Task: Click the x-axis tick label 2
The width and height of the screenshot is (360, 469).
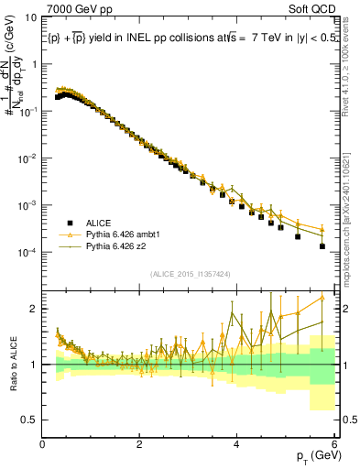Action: (x=139, y=445)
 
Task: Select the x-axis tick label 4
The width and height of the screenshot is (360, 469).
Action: (x=236, y=445)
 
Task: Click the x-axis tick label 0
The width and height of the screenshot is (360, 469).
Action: (x=42, y=445)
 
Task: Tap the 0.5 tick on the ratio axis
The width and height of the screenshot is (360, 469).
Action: (x=29, y=420)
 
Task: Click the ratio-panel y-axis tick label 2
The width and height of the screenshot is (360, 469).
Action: (x=34, y=309)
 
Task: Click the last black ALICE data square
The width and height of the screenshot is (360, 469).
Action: (x=322, y=245)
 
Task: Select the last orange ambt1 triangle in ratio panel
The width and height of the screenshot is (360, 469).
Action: (x=322, y=298)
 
